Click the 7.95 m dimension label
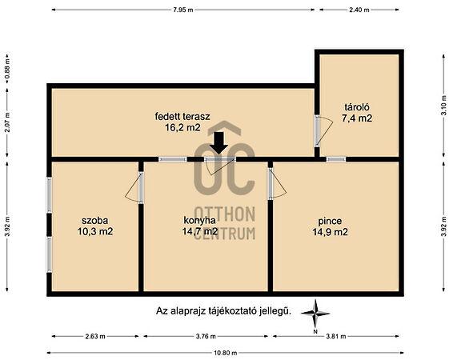coord(183,10)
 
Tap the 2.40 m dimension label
coord(359,10)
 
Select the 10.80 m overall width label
coord(226,353)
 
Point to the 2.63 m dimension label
coord(95,336)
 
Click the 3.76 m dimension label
coord(206,336)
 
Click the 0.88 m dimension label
coord(8,69)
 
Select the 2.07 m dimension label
coord(8,122)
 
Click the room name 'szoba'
coord(95,221)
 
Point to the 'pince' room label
coord(330,221)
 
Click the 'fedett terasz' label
coord(182,117)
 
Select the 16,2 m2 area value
coord(182,128)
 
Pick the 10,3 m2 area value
coord(95,231)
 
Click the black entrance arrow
coord(218,142)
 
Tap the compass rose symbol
coord(315,314)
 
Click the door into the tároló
coord(323,130)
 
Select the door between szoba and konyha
coord(134,187)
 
